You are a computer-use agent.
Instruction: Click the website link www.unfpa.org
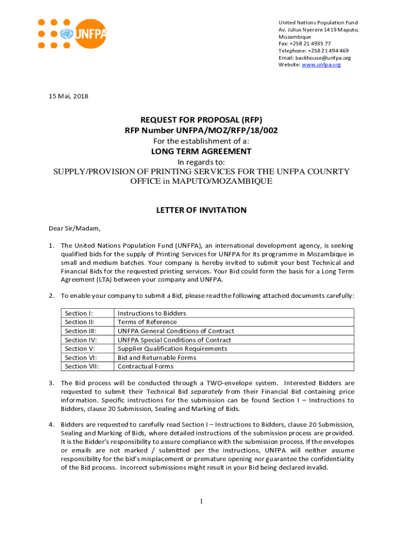[x=321, y=64]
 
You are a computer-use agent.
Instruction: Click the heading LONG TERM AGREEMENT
[x=201, y=151]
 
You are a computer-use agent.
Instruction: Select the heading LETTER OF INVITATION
[x=201, y=210]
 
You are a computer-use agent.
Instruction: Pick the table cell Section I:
[x=75, y=313]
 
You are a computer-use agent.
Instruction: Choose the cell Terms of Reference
[x=147, y=322]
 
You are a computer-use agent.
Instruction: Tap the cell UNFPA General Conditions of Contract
[x=175, y=331]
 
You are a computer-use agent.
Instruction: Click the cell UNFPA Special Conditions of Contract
[x=174, y=340]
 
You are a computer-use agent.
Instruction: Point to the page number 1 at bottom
[x=201, y=501]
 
